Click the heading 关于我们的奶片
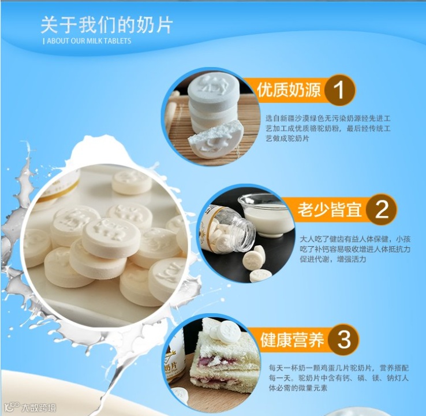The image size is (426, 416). pos(106,25)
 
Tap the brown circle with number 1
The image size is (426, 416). pos(339,90)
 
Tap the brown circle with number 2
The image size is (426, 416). pos(382,209)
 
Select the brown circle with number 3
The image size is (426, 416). pos(343,339)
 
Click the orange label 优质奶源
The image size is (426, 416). pos(289,90)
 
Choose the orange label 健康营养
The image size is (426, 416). pos(292,339)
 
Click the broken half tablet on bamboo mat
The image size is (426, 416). pos(215,142)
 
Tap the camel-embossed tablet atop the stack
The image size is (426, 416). pos(214,85)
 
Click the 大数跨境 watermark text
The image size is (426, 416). pos(39,407)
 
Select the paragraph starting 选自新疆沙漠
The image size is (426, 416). pos(328,128)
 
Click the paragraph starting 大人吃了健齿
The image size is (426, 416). pos(355,249)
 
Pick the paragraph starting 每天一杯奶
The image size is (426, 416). pos(338,378)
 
